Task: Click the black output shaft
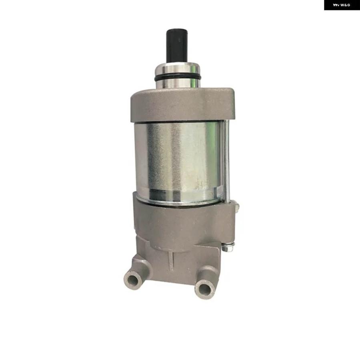click(177, 46)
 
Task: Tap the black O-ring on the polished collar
click(178, 78)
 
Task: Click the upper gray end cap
click(182, 105)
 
